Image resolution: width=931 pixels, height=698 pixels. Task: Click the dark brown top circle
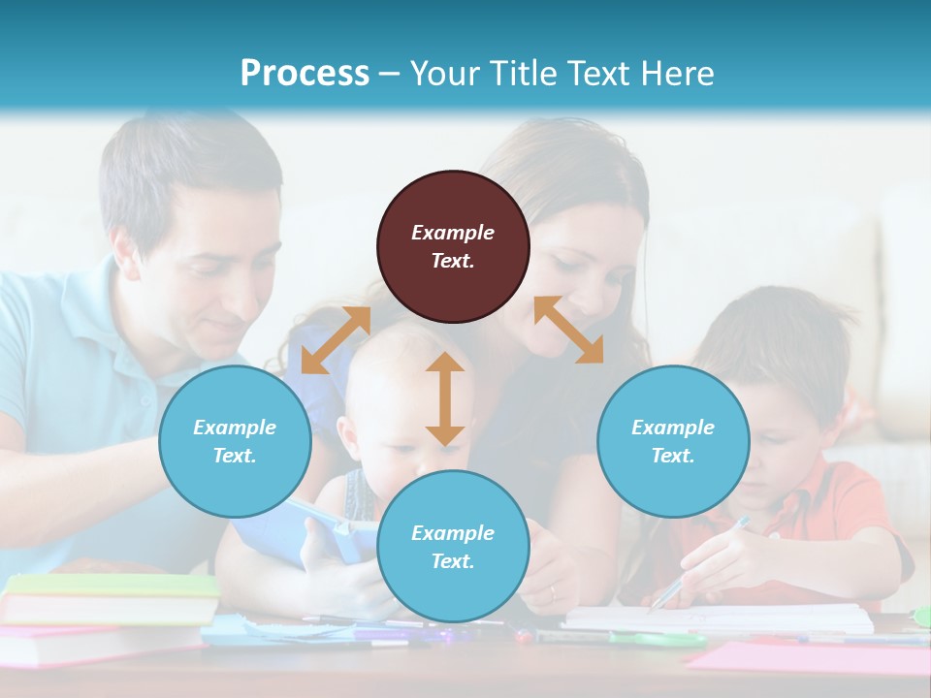point(453,246)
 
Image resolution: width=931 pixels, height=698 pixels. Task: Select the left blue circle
point(235,441)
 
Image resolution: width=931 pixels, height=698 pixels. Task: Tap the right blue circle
point(673,441)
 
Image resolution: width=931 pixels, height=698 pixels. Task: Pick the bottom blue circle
point(453,547)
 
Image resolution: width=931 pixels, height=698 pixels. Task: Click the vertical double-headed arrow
point(445,398)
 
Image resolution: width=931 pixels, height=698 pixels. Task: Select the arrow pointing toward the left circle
point(336,340)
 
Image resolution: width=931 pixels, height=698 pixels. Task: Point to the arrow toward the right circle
point(568,330)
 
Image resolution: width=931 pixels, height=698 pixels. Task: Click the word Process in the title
point(305,73)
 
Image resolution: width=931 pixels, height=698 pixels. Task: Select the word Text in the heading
point(597,73)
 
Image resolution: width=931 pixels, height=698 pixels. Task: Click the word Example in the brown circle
point(453,233)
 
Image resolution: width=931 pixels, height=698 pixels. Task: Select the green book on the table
point(112,585)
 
